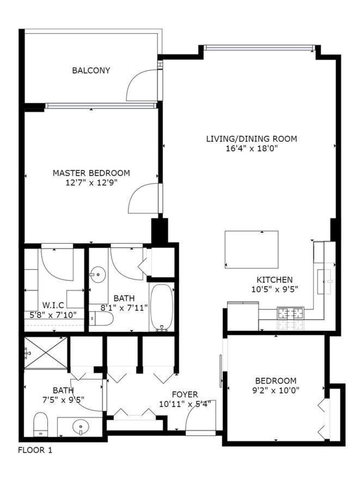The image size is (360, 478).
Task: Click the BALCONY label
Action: (91, 70)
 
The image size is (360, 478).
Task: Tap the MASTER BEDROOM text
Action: (91, 173)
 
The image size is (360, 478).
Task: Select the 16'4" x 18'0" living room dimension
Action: (251, 149)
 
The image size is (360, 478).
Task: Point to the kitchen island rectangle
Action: (252, 249)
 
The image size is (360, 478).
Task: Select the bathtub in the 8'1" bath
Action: (162, 308)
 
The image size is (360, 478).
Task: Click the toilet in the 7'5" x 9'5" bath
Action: (41, 424)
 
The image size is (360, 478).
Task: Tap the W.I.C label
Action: (52, 305)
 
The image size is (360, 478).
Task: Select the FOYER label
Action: (185, 395)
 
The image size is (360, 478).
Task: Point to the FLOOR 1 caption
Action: (35, 450)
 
